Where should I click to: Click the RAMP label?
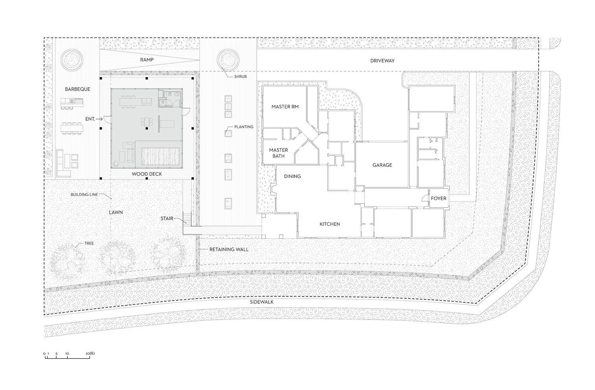point(147,60)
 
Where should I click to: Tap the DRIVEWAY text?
point(382,61)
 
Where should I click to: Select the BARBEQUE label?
point(78,89)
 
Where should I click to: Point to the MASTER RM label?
point(285,107)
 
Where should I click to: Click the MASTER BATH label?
point(278,153)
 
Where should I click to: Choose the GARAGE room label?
point(382,165)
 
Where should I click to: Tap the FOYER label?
point(439,199)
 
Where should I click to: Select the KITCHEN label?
point(330,224)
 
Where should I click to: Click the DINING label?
point(292,176)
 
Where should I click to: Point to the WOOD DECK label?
point(147,174)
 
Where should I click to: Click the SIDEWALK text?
point(262,302)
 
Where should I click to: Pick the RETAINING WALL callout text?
point(229,249)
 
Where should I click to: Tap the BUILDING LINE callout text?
point(84,195)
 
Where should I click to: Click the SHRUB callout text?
point(240,77)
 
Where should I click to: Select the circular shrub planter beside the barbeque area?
point(72,60)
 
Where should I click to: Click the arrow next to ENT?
point(99,119)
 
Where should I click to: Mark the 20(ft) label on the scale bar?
point(90,353)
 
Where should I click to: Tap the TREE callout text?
point(89,243)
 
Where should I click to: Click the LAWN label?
point(116,212)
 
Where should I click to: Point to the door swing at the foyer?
point(425,198)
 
